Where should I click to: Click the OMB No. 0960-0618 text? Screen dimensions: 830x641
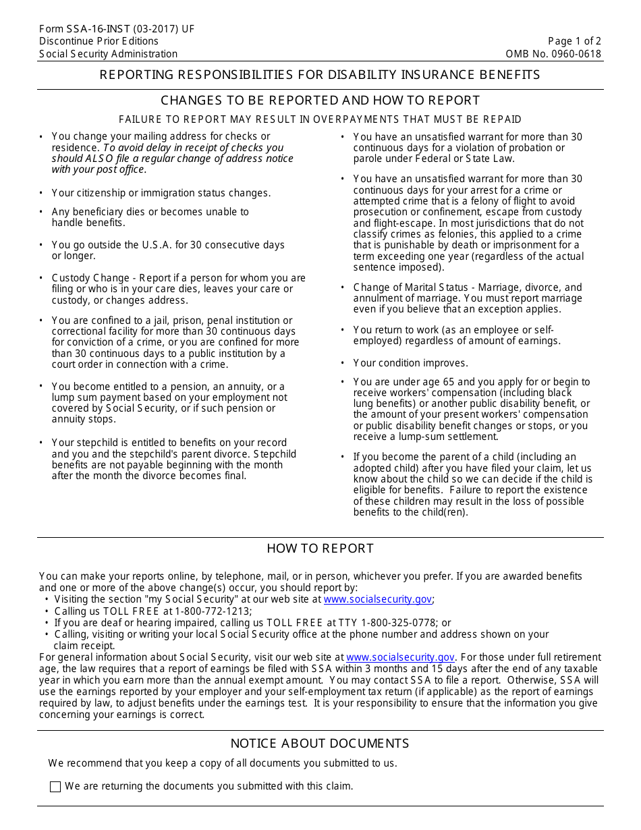pos(553,54)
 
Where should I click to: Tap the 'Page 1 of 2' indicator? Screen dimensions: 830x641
pos(574,41)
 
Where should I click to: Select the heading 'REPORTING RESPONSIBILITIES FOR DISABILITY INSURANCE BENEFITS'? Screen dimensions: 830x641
pos(320,75)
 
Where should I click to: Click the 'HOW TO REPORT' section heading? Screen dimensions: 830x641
pos(320,549)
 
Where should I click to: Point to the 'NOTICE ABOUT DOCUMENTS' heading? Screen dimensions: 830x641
pos(320,744)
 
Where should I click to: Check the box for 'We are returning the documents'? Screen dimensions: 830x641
pos(55,787)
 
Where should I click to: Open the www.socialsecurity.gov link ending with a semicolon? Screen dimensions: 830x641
pos(377,599)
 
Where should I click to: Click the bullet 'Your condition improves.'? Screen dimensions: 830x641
pos(410,363)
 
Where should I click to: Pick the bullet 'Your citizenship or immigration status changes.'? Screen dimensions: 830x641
pos(161,193)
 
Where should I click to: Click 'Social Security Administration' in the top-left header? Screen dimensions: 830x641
pos(108,54)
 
